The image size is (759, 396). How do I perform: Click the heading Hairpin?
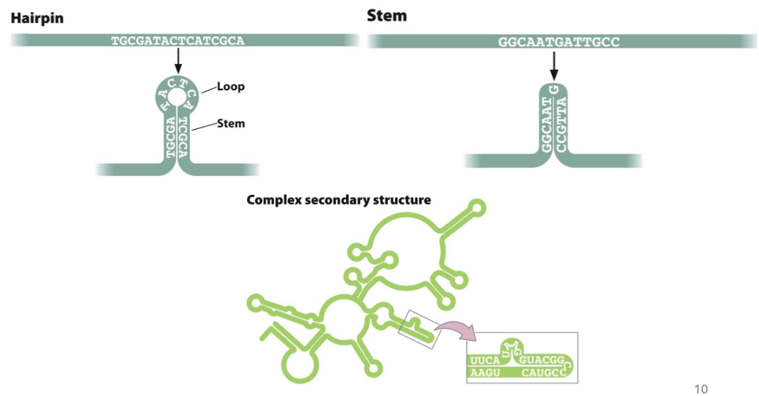(x=37, y=18)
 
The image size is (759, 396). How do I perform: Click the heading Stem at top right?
(x=386, y=15)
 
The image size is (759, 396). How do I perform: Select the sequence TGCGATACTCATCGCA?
(x=178, y=41)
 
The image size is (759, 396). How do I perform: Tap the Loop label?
(x=231, y=87)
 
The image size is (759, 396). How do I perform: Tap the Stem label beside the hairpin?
(x=231, y=123)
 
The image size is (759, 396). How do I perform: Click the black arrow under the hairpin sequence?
(x=178, y=61)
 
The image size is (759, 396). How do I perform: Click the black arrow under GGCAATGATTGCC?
(x=553, y=65)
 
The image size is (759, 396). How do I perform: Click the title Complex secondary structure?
(x=339, y=200)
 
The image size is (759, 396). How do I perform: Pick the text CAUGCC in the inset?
(x=543, y=374)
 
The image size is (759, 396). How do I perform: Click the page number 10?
(x=701, y=389)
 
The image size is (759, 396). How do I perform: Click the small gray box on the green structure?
(x=418, y=329)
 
